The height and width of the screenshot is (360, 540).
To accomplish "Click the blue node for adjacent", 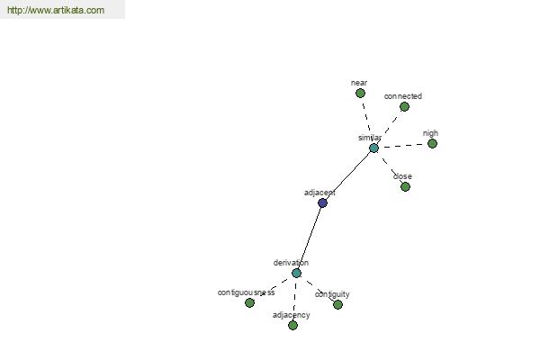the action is (322, 202).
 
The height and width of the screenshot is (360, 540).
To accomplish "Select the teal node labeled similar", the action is (373, 148).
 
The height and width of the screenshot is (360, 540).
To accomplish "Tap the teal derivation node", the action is (296, 274).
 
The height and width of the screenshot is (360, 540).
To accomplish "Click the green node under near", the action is (360, 93).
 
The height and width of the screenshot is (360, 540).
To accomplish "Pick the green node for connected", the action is (404, 107).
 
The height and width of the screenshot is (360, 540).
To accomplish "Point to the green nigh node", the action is (432, 143).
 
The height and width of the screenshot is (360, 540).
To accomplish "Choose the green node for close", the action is (405, 186).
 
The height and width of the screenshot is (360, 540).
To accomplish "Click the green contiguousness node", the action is (249, 302).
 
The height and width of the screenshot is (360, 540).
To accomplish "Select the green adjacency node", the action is (292, 325).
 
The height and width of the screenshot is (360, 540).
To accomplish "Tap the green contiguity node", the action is (337, 304).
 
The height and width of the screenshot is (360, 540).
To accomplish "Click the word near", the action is (359, 83).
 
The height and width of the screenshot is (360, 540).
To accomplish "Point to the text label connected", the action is (403, 96).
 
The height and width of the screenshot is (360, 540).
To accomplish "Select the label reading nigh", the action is (430, 133).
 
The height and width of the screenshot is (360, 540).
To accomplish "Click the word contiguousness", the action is (247, 292).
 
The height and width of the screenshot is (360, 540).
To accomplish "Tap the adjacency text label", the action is (292, 315).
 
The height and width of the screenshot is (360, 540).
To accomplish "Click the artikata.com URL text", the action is (56, 10).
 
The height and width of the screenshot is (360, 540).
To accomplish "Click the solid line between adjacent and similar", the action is (347, 175).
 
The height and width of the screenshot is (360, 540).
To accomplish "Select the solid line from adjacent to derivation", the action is (310, 238).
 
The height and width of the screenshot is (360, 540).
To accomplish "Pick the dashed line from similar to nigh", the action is (403, 146).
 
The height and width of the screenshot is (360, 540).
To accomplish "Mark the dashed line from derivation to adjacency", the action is (295, 299).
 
